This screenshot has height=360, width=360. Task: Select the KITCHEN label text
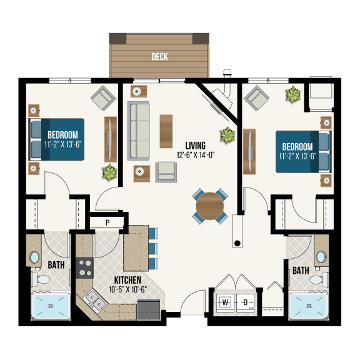pos(127,280)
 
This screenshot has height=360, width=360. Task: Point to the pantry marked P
pos(107,222)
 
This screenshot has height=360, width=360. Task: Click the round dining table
pos(210,204)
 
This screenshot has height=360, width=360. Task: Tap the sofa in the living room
pos(139,131)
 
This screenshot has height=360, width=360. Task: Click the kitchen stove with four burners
pos(84,267)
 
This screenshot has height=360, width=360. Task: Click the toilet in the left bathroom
pos(44,285)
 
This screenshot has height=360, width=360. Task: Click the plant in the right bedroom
pos(292,95)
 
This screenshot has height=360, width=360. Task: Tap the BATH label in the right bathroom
pos(301,271)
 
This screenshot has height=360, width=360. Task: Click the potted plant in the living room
pos(226,135)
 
